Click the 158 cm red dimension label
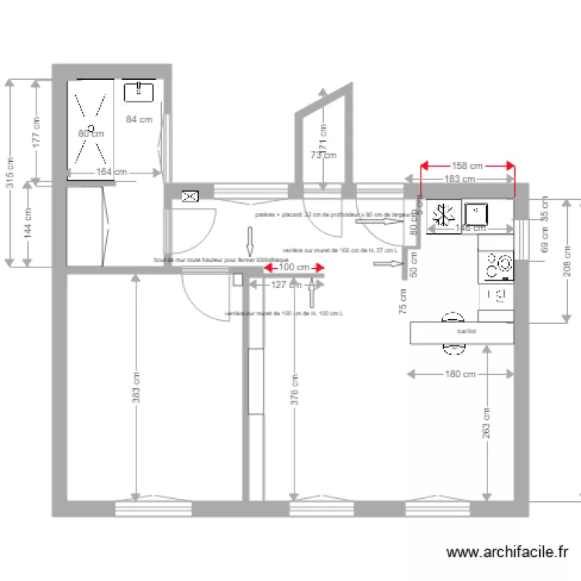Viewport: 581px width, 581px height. [x=467, y=165]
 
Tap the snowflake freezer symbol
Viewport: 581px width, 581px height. [x=444, y=212]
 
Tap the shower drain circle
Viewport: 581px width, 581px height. [x=91, y=127]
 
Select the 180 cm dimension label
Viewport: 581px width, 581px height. [x=460, y=374]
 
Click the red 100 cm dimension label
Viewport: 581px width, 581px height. [x=293, y=267]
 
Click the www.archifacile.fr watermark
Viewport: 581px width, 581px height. [x=508, y=552]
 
